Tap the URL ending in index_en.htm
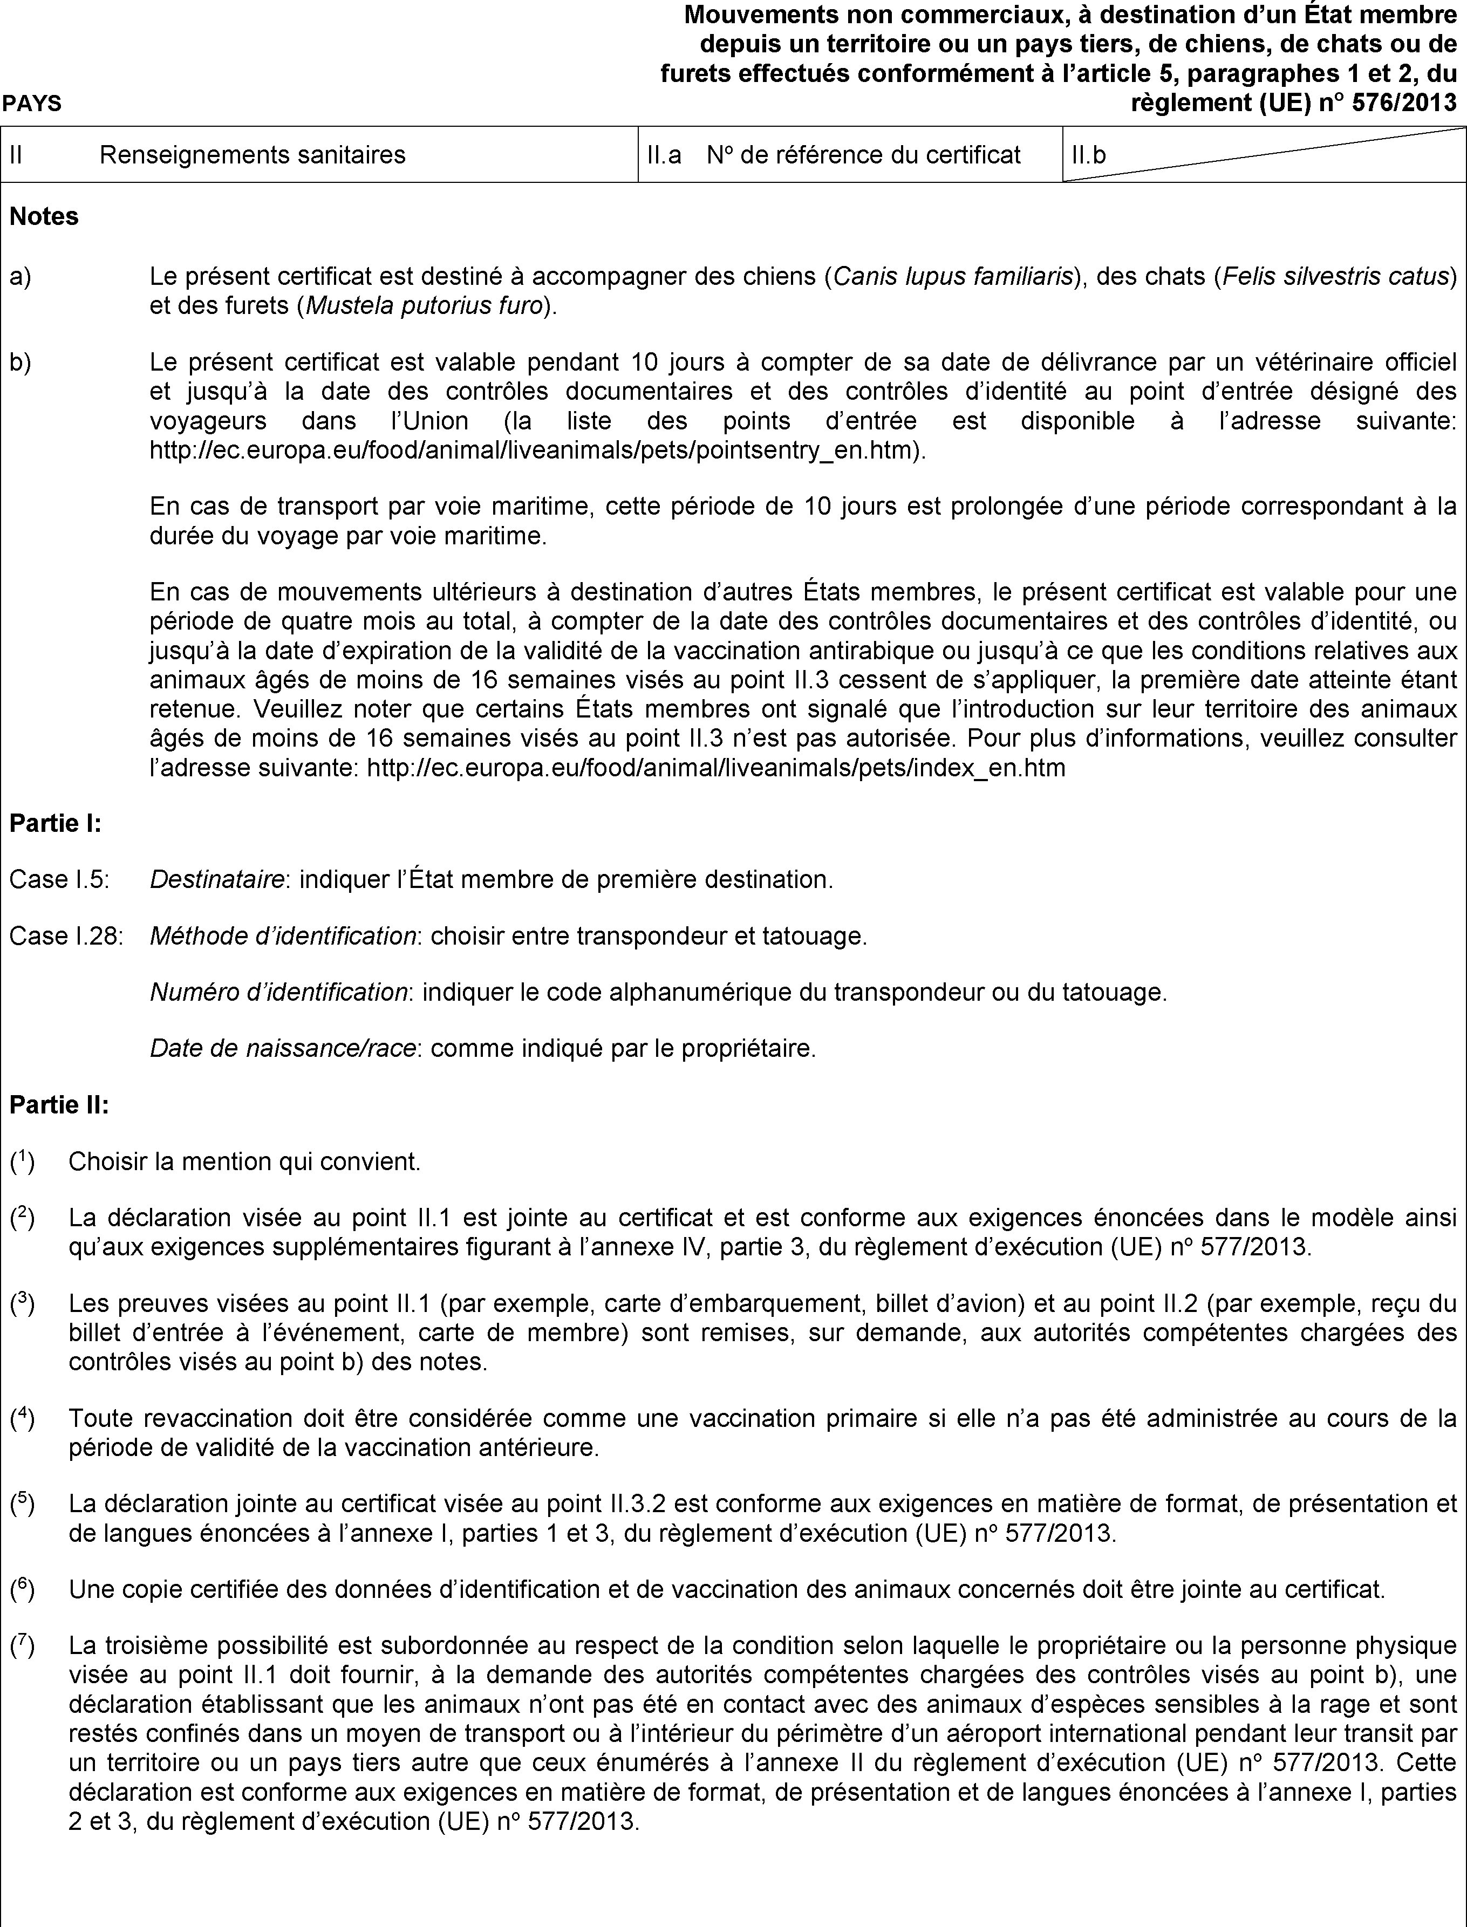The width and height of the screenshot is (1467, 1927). click(x=716, y=768)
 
